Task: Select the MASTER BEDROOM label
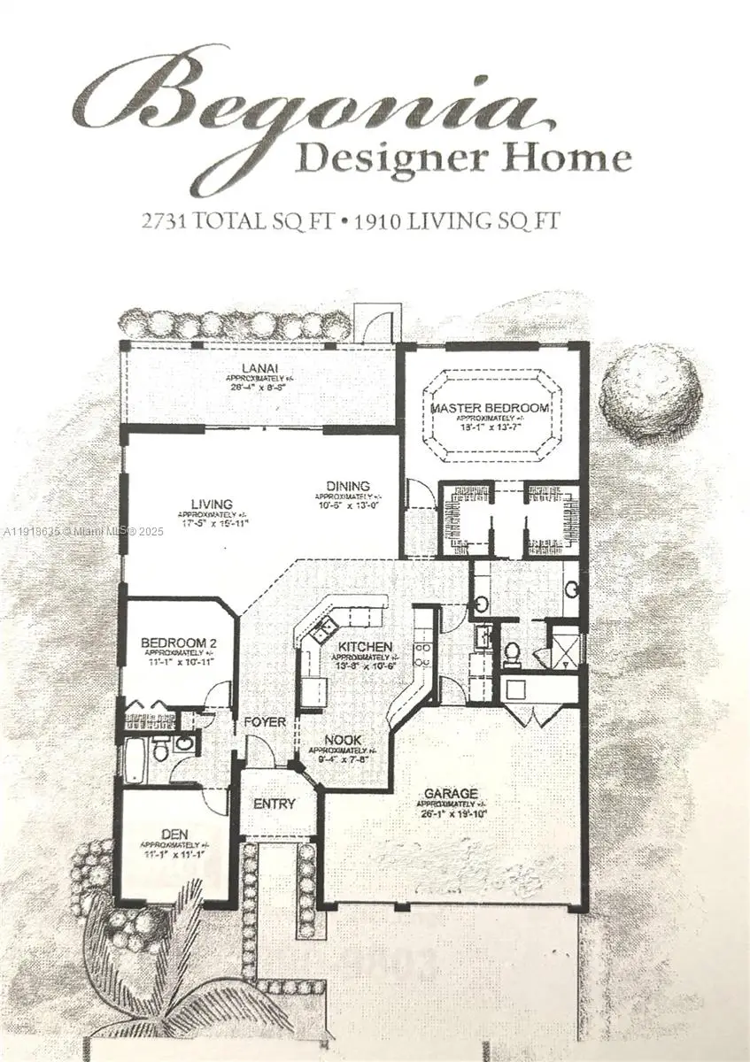[490, 408]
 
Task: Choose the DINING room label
[347, 486]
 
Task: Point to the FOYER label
[266, 722]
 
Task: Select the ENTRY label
[274, 804]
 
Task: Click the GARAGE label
[451, 793]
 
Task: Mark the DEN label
[174, 833]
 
